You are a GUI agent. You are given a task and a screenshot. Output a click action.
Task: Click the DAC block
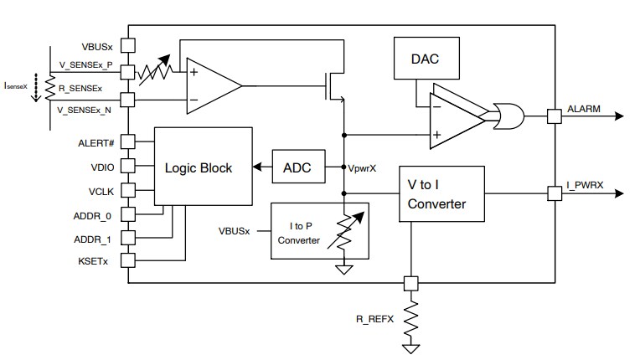(425, 61)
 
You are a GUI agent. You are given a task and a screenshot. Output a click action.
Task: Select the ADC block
(297, 167)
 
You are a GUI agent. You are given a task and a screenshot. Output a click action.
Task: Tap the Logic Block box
(204, 167)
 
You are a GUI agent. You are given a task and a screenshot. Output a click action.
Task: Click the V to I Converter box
(441, 194)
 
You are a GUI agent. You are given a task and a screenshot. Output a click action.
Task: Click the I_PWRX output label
(586, 187)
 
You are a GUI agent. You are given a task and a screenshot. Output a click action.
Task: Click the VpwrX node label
(362, 167)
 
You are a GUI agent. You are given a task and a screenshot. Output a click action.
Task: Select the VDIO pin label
(101, 167)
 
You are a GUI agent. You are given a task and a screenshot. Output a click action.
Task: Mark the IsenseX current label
(16, 85)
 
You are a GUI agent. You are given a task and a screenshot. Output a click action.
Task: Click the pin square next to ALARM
(553, 116)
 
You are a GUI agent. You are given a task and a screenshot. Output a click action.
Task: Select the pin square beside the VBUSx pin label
(128, 45)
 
